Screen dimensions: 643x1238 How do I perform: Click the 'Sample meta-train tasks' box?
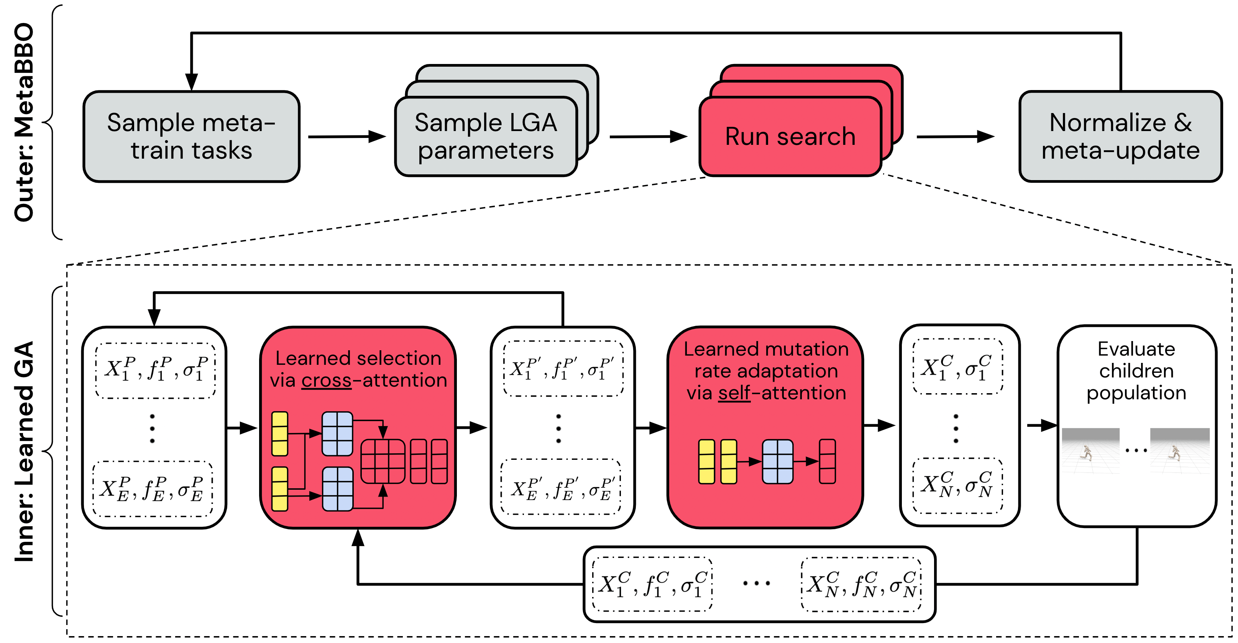[x=191, y=136]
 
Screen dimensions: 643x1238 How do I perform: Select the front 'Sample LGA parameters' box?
[x=485, y=136]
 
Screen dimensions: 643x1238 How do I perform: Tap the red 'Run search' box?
[x=790, y=136]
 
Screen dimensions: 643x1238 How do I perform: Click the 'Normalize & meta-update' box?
[x=1120, y=136]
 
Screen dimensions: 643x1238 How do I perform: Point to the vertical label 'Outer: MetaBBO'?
[x=24, y=123]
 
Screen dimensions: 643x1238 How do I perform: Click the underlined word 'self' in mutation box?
[x=734, y=393]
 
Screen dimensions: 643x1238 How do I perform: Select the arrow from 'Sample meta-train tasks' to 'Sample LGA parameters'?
[x=347, y=136]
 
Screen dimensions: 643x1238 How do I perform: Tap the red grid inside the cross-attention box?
[x=383, y=461]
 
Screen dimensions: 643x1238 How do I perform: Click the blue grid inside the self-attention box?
[x=777, y=461]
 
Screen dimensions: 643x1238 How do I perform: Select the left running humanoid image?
[x=1090, y=451]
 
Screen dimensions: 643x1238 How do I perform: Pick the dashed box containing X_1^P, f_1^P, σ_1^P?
[x=155, y=371]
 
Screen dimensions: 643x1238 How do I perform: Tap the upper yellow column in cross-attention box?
[x=280, y=433]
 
